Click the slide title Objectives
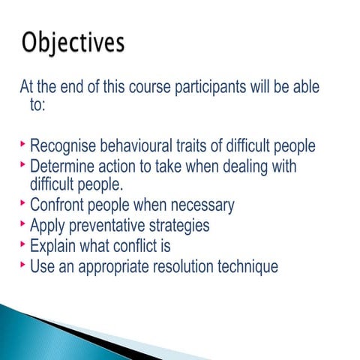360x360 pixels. click(x=73, y=43)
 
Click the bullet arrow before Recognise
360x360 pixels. click(x=24, y=144)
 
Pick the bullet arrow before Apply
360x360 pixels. click(x=24, y=223)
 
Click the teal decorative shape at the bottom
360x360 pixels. click(x=45, y=330)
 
